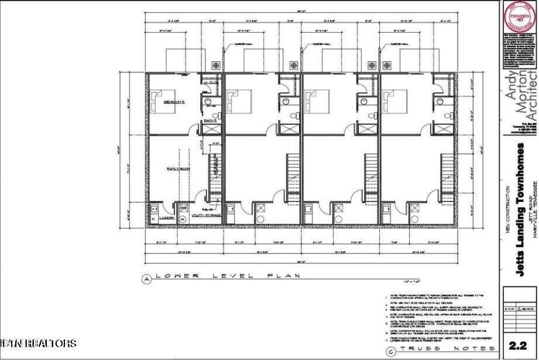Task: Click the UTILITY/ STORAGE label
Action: [x=207, y=215]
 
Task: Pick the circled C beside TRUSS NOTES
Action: [x=390, y=349]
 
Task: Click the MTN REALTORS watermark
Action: [x=39, y=342]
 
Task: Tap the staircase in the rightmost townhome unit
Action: [x=449, y=176]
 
